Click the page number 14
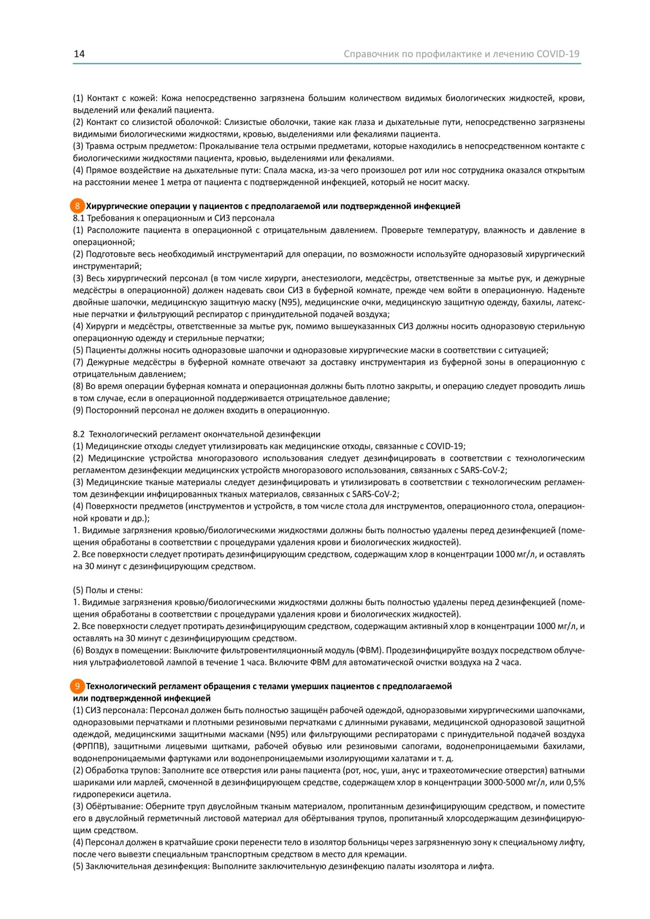[x=79, y=54]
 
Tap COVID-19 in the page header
[x=558, y=54]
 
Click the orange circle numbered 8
[x=77, y=206]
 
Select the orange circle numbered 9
[x=77, y=686]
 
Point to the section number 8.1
[x=79, y=218]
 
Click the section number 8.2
[x=79, y=434]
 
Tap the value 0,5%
[x=575, y=782]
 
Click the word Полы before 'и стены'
[x=95, y=590]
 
